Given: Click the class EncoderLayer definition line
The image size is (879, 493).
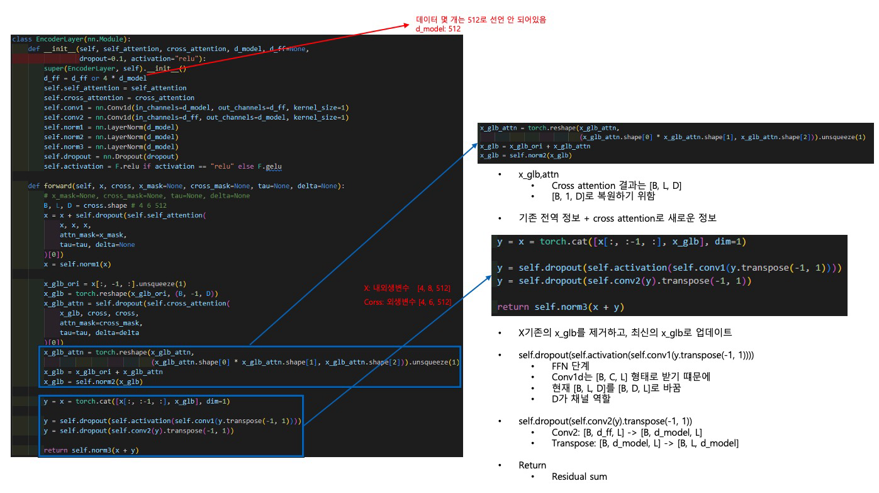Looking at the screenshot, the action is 71,39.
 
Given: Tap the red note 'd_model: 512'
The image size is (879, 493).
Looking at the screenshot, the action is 438,29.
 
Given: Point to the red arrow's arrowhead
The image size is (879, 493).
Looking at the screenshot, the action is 405,26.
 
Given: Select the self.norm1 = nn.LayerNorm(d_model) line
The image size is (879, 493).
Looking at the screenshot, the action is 111,127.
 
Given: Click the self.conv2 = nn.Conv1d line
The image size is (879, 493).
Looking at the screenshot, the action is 196,118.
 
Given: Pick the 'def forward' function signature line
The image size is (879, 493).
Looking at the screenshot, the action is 186,186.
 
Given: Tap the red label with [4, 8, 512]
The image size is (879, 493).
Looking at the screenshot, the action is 407,288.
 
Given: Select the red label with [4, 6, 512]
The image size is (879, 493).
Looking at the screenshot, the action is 407,302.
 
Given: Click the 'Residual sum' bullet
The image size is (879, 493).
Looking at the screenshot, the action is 579,477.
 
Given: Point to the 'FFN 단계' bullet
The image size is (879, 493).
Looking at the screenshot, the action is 570,366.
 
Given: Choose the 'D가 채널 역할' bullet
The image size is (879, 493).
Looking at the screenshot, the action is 581,399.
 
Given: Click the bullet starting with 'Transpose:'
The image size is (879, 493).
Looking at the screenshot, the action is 645,443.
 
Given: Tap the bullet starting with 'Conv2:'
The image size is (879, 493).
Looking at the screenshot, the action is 627,433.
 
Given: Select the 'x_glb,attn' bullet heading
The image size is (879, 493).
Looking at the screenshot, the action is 539,174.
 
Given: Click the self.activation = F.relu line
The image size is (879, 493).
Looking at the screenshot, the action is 162,167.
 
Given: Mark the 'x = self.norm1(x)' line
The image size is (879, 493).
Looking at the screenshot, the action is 77,264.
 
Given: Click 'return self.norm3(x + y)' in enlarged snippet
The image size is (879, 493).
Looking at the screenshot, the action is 561,307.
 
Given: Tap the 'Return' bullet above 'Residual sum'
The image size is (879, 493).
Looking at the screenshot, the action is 532,465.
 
